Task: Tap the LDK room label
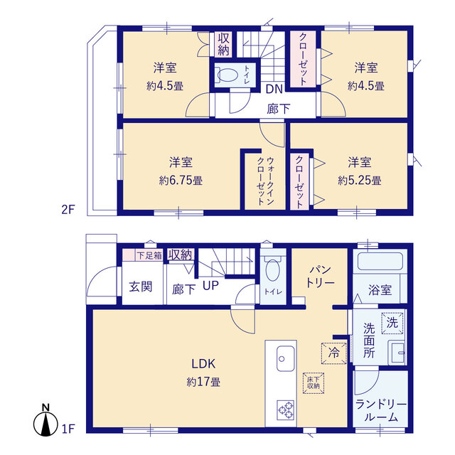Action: tap(203, 363)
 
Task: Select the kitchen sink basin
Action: tap(286, 358)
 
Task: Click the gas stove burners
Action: tap(286, 409)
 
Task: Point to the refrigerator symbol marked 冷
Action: tap(333, 353)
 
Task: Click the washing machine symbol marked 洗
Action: tap(392, 323)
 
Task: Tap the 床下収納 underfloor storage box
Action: tap(314, 383)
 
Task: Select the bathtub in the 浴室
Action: tap(380, 262)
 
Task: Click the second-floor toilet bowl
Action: tap(227, 75)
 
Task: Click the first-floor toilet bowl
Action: tap(272, 269)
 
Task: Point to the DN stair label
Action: tap(274, 89)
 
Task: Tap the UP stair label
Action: tap(210, 286)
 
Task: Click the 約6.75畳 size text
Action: tap(181, 181)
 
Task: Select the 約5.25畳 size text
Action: tap(360, 181)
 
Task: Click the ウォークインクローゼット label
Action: tap(265, 181)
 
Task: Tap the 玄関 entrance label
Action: tap(141, 287)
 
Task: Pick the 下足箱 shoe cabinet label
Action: tap(149, 255)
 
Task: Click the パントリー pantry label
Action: tap(321, 277)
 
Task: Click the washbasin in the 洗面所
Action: tap(397, 353)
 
